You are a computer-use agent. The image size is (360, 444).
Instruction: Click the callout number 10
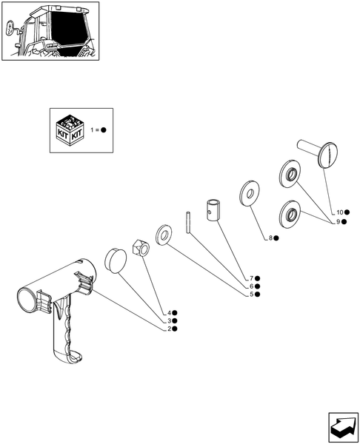[x=339, y=212]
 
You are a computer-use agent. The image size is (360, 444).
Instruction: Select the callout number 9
[x=339, y=222]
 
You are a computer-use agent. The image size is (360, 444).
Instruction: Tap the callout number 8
[x=270, y=238]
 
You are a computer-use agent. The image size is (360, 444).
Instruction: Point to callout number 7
[x=251, y=279]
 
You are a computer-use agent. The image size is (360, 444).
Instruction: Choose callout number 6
[x=251, y=286]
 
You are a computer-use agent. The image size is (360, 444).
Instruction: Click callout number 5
[x=251, y=295]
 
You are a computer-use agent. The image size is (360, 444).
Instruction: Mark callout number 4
[x=169, y=313]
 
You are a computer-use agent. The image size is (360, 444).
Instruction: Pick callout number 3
[x=169, y=321]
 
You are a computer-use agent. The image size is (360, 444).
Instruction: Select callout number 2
[x=169, y=329]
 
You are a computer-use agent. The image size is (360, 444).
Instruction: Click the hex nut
[x=141, y=248]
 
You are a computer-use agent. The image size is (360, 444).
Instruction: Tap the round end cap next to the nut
[x=116, y=261]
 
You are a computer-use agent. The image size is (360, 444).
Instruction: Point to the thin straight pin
[x=188, y=223]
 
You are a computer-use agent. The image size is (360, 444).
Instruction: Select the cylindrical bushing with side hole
[x=213, y=210]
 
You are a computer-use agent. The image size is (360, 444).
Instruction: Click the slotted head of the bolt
[x=328, y=155]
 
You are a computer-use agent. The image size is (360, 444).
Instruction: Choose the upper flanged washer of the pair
[x=290, y=173]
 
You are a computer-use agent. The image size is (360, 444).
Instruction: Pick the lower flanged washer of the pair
[x=290, y=214]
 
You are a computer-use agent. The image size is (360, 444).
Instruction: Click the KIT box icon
[x=70, y=130]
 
